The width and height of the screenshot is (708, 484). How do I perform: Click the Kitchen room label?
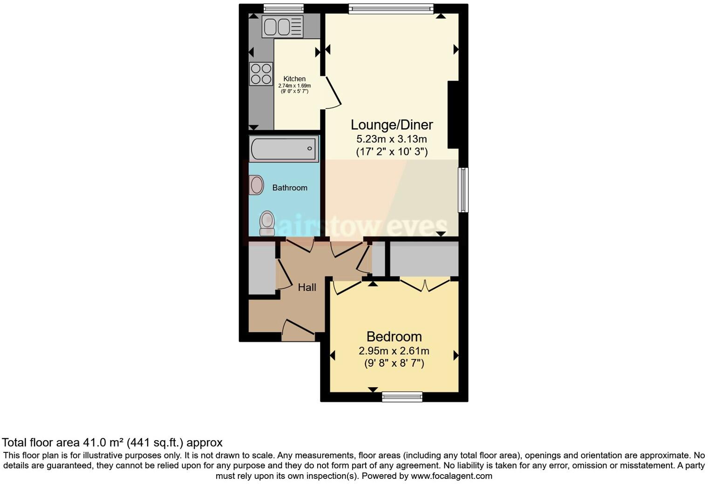pos(294,79)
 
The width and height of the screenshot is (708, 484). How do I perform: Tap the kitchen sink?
pos(282,27)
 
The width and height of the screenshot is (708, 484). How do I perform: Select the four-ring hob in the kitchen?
pos(261,74)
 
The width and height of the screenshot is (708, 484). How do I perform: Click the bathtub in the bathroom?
pos(284,149)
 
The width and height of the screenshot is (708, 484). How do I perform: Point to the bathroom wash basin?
pos(256,185)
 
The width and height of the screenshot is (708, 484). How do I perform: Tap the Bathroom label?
pos(290,188)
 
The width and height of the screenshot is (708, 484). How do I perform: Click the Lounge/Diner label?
pos(391,125)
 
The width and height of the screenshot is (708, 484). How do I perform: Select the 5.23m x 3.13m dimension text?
pos(391,139)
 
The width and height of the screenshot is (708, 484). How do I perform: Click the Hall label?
pos(307,288)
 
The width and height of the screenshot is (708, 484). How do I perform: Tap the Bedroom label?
pos(394,336)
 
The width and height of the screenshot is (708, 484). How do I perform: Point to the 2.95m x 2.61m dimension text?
pos(394,351)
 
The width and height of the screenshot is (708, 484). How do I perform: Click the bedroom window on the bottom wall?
pos(402,397)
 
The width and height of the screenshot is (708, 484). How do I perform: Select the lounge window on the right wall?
pos(463,190)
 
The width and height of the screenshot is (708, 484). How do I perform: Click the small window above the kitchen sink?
pos(283,8)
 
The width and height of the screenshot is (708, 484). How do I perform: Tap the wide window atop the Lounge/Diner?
pos(391,8)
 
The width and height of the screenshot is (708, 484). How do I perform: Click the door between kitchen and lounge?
pos(332,92)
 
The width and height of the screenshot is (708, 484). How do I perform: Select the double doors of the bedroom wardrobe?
pos(425,285)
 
